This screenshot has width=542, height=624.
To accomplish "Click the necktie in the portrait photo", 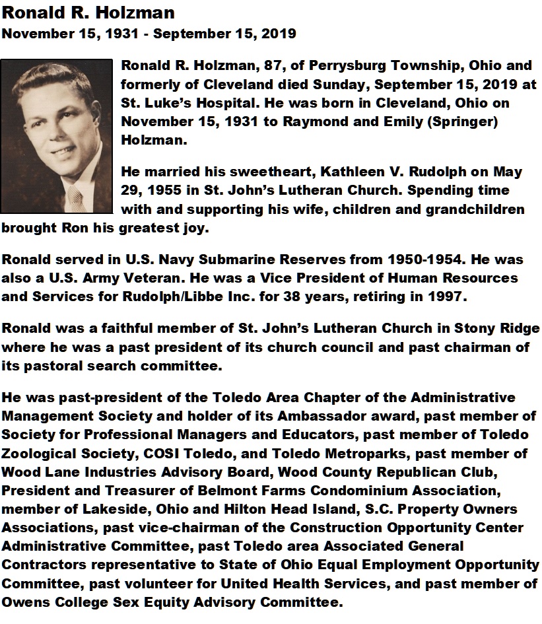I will point(75,196).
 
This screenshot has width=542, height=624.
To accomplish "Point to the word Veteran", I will point(162,278).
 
